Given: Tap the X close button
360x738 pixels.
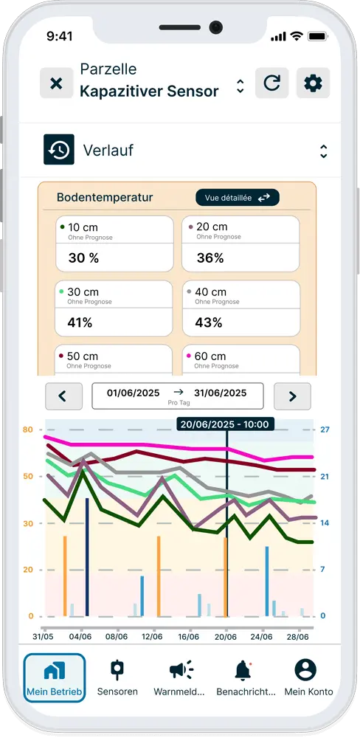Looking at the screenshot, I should (x=56, y=83).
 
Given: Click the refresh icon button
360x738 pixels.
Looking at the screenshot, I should (x=271, y=83).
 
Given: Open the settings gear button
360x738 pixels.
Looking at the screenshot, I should (x=313, y=83).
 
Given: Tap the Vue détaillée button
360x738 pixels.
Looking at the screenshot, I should (x=237, y=198).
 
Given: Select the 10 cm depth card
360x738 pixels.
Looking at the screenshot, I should (x=114, y=244).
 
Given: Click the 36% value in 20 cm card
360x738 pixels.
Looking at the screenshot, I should (x=210, y=258).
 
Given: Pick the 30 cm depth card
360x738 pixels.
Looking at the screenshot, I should (x=114, y=308).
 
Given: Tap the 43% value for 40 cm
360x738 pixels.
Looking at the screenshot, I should (x=209, y=323).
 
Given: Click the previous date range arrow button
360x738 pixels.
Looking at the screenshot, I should (x=63, y=396).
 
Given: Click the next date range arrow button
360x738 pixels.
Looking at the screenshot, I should (x=292, y=396).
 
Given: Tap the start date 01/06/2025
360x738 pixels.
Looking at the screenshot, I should (x=134, y=393).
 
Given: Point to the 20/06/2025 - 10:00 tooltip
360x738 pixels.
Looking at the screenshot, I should (x=226, y=424).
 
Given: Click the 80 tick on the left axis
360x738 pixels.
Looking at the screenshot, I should (x=28, y=430).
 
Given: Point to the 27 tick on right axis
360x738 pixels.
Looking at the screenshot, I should (x=324, y=430).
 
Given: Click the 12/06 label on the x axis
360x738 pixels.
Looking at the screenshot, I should (x=152, y=636).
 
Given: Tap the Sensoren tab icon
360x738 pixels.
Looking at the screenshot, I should (x=117, y=670).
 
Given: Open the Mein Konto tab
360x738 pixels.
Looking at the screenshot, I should (x=305, y=670).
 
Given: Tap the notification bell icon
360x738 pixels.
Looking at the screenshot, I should (x=242, y=670).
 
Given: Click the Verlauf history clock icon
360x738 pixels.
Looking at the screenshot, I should (x=58, y=151).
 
